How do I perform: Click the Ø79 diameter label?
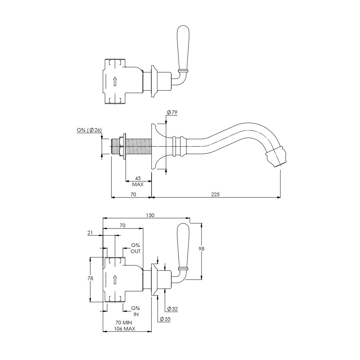(x=172, y=112)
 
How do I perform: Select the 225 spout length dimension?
(x=215, y=194)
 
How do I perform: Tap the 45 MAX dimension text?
(x=138, y=181)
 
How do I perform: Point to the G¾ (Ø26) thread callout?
(x=89, y=130)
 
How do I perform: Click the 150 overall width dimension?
(x=150, y=215)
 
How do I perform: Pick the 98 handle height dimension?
(x=201, y=249)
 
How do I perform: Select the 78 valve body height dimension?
(x=90, y=278)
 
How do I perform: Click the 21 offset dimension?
(x=90, y=233)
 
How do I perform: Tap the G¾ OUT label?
(x=135, y=248)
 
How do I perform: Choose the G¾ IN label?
(x=135, y=311)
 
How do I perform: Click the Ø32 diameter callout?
(x=172, y=309)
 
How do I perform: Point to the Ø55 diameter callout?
(x=165, y=319)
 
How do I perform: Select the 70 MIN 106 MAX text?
(x=125, y=325)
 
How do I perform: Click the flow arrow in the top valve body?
(x=115, y=81)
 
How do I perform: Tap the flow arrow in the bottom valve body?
(x=115, y=280)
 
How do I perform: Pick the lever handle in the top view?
(x=183, y=48)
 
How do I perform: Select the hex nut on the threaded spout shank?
(x=121, y=146)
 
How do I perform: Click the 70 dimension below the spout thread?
(x=133, y=194)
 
